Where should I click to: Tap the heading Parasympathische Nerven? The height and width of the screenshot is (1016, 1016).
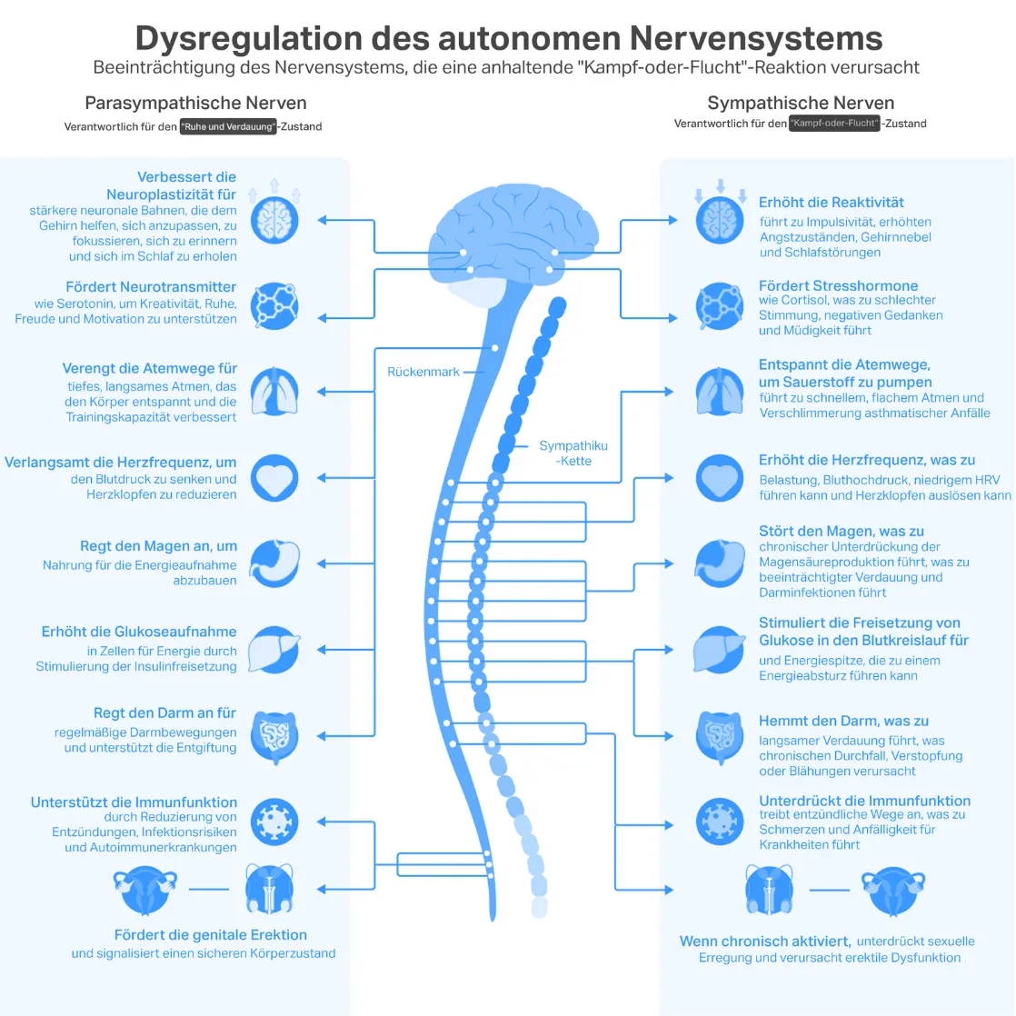click(195, 103)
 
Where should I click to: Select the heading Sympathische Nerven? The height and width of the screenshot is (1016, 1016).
click(801, 103)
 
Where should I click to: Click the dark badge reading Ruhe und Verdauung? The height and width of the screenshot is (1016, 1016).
click(228, 126)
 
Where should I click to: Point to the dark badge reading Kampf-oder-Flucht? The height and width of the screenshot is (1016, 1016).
click(834, 123)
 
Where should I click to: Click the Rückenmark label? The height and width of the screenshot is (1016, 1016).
click(423, 372)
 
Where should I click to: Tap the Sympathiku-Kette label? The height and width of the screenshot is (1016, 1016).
click(573, 453)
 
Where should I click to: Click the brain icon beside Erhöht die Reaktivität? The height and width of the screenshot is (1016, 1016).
click(720, 220)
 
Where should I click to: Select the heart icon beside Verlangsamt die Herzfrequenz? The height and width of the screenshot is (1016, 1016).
click(274, 478)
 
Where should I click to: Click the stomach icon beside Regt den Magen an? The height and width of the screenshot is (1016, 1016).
click(274, 563)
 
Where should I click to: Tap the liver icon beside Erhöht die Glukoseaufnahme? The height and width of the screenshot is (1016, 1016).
click(274, 649)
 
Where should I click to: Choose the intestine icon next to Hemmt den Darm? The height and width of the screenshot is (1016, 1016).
click(720, 735)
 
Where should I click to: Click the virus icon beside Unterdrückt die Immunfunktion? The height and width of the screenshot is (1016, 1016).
click(720, 821)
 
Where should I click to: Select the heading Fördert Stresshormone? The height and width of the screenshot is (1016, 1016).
click(838, 285)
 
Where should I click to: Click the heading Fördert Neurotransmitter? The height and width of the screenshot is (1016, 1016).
click(151, 287)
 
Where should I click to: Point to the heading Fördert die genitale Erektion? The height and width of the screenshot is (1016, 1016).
click(211, 935)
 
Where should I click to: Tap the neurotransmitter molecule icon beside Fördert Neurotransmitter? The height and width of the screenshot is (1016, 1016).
click(274, 305)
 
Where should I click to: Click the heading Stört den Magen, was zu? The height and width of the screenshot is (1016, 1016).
click(842, 531)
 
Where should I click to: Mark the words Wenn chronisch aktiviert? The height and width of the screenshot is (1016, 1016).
click(765, 941)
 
